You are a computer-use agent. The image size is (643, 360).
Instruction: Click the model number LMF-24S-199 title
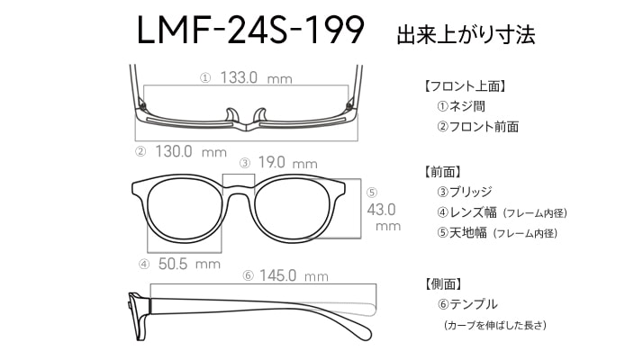coord(250,30)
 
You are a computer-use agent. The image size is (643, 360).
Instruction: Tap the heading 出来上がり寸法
coord(466,34)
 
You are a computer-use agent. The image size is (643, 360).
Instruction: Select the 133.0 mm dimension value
coord(256,77)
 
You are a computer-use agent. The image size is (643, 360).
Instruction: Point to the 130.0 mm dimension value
coord(191,152)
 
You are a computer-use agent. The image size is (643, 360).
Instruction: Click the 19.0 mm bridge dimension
coord(287,163)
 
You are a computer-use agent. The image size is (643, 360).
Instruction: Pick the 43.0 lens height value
coord(381,210)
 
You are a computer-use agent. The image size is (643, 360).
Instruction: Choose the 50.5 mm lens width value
coord(189,264)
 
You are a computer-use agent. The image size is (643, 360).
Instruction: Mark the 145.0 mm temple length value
coord(294,275)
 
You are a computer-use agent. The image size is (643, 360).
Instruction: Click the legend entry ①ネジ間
coord(461,106)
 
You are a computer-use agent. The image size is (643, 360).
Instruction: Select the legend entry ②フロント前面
coord(477,127)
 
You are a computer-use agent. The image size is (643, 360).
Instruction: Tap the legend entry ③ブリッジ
coord(465,192)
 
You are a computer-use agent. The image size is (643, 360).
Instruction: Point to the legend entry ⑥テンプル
coord(467,304)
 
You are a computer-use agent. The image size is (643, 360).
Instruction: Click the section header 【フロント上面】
coord(465,86)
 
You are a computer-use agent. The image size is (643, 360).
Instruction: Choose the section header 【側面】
coord(443,283)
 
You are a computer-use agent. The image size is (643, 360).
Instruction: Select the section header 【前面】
coord(442,172)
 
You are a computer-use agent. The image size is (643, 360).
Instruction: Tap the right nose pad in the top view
coord(260,115)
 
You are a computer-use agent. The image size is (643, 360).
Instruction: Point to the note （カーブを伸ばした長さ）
coord(495,325)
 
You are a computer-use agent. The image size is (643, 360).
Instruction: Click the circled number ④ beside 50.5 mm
coord(144,265)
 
